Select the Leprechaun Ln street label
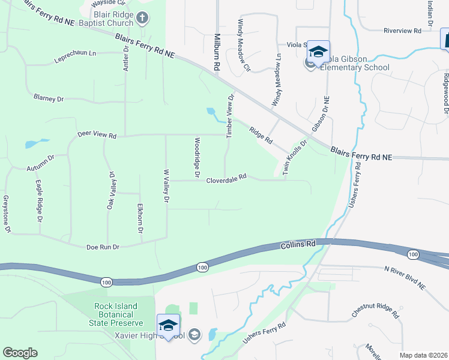click(75, 53)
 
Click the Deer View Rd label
click(96, 136)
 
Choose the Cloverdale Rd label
click(226, 178)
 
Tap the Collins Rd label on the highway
click(297, 245)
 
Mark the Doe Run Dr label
click(103, 247)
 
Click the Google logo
click(20, 353)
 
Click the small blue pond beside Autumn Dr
click(35, 143)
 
